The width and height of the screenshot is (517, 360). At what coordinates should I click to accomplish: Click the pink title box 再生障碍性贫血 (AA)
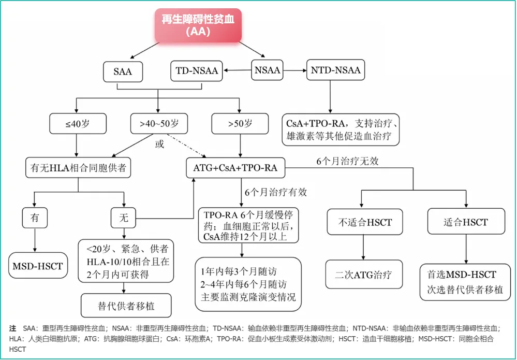(x=199, y=25)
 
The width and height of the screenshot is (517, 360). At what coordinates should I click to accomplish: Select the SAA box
(x=123, y=71)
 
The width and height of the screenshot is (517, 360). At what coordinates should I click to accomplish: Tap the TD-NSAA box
(x=197, y=71)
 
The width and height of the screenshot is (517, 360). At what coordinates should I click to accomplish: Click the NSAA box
(x=268, y=71)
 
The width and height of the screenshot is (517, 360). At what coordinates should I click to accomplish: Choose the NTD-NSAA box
(x=336, y=70)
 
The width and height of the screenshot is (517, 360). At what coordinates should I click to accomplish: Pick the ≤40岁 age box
(x=78, y=124)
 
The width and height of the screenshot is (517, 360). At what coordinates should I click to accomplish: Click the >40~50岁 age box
(x=159, y=124)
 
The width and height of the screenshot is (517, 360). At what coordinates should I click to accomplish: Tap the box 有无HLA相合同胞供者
(x=78, y=168)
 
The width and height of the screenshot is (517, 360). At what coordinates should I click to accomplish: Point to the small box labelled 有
(x=35, y=218)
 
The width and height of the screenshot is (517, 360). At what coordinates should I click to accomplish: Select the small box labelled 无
(x=124, y=218)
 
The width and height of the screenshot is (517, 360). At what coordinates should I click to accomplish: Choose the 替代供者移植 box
(x=126, y=306)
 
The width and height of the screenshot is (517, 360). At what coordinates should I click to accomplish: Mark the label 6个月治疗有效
(x=276, y=192)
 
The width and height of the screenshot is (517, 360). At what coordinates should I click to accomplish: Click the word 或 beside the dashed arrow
(x=160, y=144)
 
